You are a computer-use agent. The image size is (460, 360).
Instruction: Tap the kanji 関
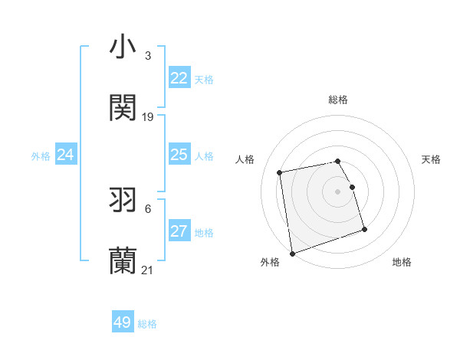coord(123,108)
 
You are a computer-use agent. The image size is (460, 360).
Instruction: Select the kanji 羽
coord(123,200)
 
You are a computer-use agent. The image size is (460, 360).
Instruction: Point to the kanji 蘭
coord(123,261)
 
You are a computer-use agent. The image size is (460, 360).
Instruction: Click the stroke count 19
coord(148,117)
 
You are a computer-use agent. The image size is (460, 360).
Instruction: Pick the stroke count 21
coord(148,270)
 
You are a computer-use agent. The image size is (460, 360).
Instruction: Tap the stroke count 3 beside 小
coord(148,56)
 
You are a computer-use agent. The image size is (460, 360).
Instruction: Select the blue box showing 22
coord(179,78)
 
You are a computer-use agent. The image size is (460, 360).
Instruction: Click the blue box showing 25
coord(179,155)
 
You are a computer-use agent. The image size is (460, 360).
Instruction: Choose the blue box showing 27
coord(179,231)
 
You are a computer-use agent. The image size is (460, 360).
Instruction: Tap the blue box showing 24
coord(66,155)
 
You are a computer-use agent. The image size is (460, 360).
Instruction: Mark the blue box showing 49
coord(123,322)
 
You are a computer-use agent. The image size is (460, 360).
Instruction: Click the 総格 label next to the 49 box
coord(147,324)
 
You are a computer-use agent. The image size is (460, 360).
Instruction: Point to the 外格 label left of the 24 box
coord(41,156)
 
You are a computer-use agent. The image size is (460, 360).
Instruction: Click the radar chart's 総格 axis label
coord(337,100)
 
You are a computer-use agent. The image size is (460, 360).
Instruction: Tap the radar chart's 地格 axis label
coord(402,263)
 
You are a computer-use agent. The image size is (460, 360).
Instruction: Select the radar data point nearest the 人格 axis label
coord(280,172)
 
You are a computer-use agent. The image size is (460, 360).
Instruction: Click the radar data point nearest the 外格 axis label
coord(291,253)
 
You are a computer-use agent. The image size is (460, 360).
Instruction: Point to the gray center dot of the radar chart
coord(337,191)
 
